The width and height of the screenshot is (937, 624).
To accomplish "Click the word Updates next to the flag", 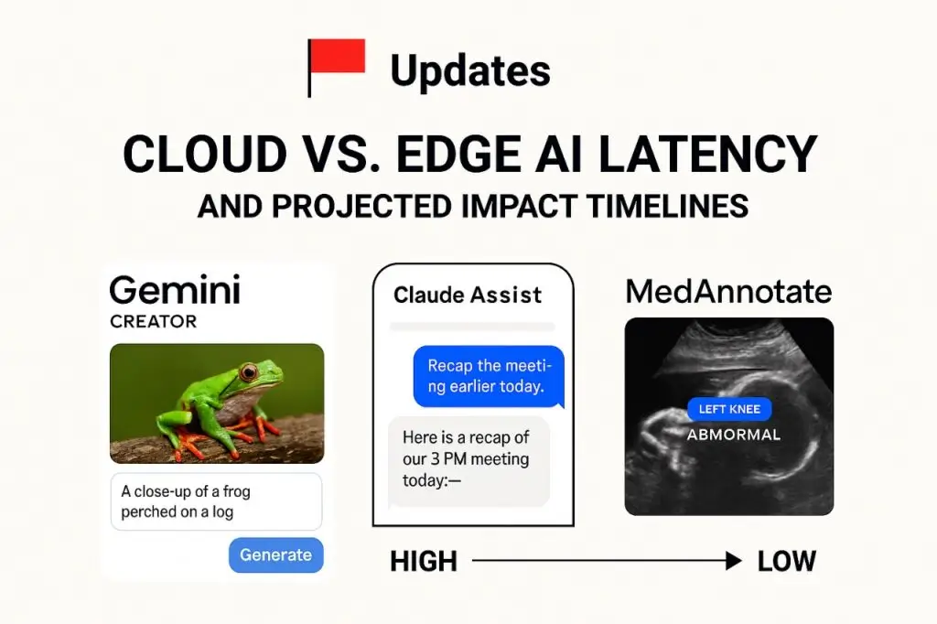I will pos(470,70).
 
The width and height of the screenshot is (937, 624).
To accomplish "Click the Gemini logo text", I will pos(175,291).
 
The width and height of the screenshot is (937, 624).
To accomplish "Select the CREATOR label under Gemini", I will pos(153,322).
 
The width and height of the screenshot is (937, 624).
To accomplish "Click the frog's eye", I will pos(248,371).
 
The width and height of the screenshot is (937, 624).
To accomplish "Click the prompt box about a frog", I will pos(216,501).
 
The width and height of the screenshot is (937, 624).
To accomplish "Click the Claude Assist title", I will pos(468,295).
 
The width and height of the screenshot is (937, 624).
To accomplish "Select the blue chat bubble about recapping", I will pos(488,376).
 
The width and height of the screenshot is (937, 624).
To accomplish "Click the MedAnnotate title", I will pos(728,292).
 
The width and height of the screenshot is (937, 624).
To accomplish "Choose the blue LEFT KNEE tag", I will pos(729,410).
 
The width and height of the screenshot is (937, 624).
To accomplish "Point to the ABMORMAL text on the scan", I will pos(734,435).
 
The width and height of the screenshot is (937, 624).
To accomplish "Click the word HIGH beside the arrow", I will pos(423,562).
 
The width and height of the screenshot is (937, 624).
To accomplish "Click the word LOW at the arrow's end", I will pos(786,562).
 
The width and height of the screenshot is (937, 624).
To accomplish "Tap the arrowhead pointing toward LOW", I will pos(733,562).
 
